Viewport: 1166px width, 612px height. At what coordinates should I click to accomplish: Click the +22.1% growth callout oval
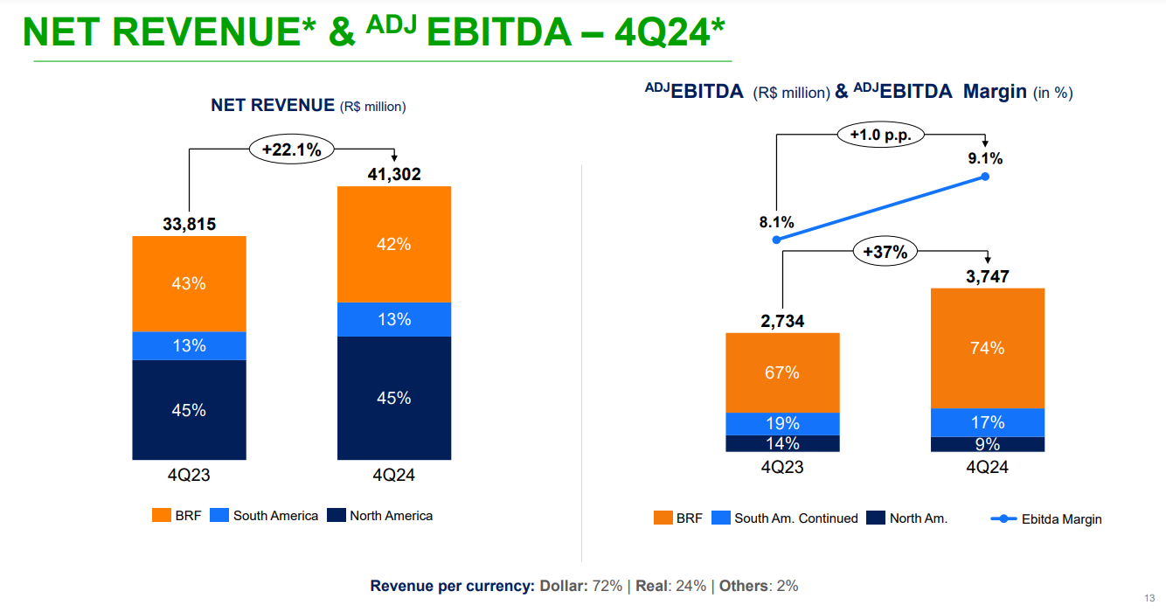pos(292,150)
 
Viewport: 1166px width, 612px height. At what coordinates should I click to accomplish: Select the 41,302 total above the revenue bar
pos(394,175)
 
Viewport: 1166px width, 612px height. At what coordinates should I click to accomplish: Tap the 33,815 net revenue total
pos(189,225)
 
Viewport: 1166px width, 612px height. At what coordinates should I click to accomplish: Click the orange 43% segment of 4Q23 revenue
pos(189,283)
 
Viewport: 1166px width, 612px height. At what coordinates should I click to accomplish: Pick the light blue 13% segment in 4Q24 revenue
pos(394,319)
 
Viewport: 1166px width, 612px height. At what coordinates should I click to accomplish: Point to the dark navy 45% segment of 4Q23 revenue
pos(189,409)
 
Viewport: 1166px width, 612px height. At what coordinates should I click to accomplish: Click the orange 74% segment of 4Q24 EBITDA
pos(988,348)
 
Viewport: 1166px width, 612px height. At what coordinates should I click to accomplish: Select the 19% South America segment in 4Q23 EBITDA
pos(782,424)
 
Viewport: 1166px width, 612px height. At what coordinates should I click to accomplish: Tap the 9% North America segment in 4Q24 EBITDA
pos(988,444)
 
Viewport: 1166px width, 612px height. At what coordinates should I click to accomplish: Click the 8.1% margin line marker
pos(776,240)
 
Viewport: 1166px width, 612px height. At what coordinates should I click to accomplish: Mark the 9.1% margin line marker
pos(985,177)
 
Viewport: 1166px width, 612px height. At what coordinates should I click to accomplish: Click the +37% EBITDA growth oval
pos(885,253)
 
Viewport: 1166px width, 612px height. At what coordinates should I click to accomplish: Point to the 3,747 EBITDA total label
pos(988,277)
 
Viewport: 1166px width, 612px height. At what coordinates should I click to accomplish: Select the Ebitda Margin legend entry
pos(1046,519)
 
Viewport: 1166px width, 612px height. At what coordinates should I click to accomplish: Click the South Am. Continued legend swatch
pos(721,518)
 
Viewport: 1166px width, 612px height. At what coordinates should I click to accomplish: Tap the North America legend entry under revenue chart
pos(380,516)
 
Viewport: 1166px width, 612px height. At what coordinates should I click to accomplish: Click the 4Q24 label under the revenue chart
pos(394,476)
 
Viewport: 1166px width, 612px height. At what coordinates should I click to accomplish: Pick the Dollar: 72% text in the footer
pos(581,586)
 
